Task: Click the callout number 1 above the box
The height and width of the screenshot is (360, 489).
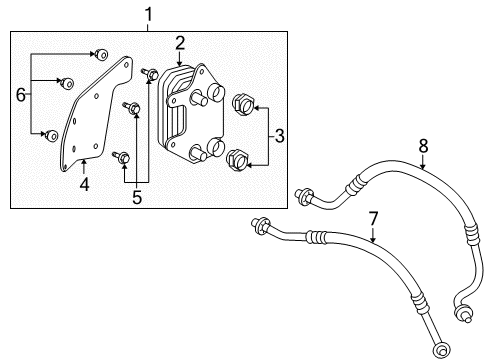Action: tap(149, 16)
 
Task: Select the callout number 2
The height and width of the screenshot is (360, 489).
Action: tap(179, 43)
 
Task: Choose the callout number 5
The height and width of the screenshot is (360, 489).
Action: tap(138, 197)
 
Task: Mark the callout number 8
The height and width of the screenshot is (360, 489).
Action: tap(422, 147)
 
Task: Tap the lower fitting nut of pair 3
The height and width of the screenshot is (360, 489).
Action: tap(238, 158)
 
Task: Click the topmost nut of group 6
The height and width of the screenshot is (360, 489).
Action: tap(101, 52)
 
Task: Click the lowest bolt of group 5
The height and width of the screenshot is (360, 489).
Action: tap(122, 156)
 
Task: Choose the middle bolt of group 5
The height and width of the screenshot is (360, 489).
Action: tap(133, 107)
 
